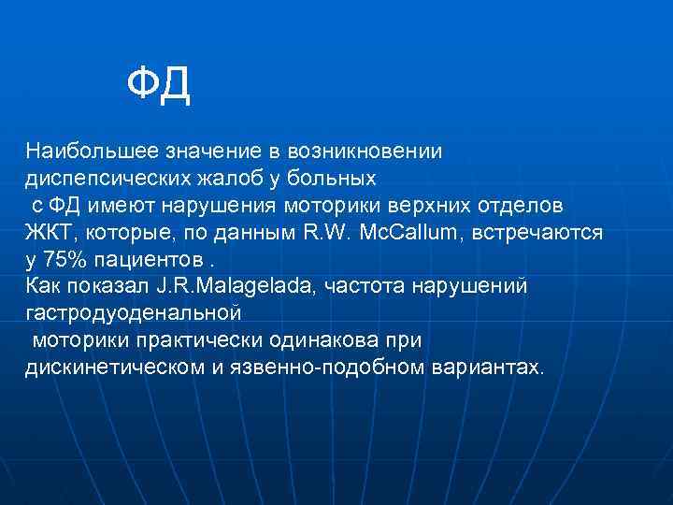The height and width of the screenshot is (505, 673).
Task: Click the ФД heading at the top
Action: (159, 86)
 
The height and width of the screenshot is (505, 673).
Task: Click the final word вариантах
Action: (486, 366)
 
